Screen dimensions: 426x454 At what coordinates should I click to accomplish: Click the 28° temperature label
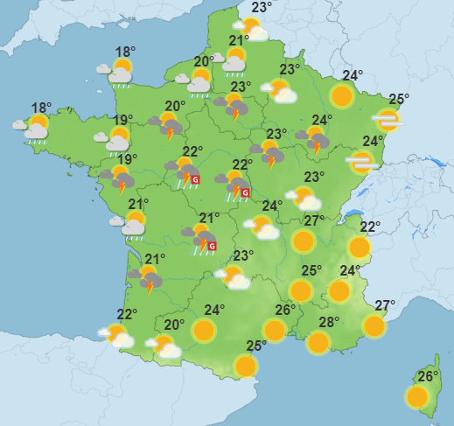coord(329,322)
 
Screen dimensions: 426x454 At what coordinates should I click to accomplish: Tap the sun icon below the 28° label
coord(319,342)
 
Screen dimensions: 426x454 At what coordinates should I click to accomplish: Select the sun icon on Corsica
coord(418,397)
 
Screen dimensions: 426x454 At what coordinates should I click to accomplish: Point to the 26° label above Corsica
coord(428,377)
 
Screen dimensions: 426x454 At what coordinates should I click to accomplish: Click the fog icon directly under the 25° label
coord(387,119)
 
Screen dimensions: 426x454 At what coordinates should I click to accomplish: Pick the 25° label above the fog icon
coord(400,99)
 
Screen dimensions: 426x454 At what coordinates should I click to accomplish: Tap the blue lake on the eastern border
coord(353,212)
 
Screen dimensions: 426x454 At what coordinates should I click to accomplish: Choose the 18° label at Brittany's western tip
coord(41,108)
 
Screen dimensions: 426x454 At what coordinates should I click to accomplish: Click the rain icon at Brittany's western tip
coord(35,129)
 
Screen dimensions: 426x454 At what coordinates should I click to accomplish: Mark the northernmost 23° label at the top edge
coord(262,8)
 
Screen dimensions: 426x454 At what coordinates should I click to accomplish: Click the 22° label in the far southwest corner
coord(128,315)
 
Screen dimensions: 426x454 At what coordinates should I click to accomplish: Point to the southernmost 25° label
coord(256,345)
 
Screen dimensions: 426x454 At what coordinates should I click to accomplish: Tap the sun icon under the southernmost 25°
coord(246,365)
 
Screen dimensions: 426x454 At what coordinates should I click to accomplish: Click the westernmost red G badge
coord(195,180)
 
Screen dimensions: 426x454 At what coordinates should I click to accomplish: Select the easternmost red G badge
coord(246,192)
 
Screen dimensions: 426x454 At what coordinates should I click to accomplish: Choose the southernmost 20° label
coord(174,325)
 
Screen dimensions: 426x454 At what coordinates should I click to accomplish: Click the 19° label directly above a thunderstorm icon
coord(128,159)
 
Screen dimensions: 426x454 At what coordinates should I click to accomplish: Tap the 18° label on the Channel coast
coord(125,52)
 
